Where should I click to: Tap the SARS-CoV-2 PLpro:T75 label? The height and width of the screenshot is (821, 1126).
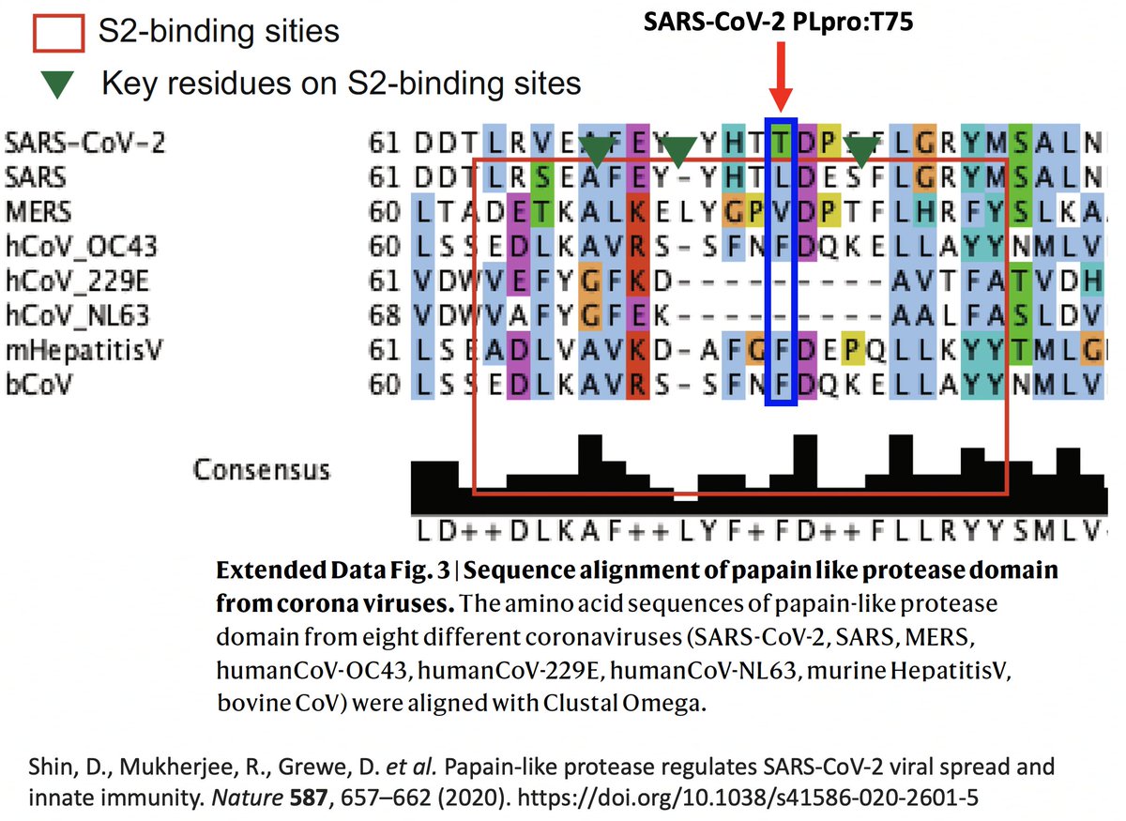pos(778,24)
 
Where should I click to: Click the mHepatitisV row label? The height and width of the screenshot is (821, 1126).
pos(84,351)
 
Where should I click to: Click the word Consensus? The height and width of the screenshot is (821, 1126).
pos(262,469)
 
